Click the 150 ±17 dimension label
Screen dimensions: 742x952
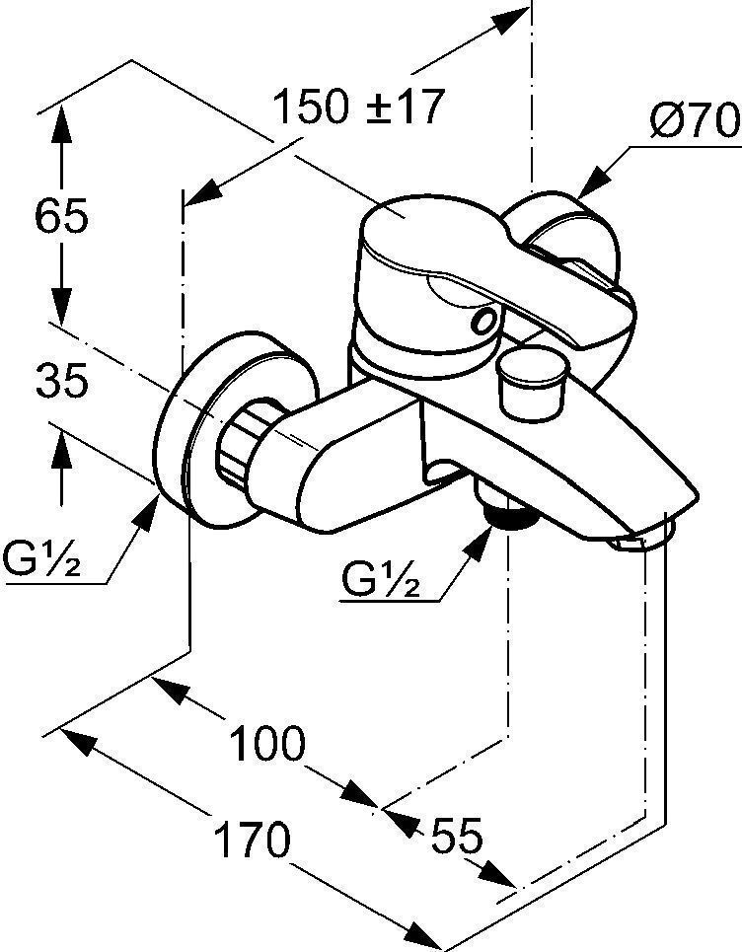tap(358, 108)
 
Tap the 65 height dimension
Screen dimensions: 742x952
tap(61, 215)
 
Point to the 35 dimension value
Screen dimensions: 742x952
tap(62, 381)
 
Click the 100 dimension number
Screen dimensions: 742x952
tap(266, 743)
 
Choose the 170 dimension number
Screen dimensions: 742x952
tap(253, 840)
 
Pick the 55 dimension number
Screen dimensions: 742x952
tap(457, 836)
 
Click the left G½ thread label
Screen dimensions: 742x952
tap(41, 558)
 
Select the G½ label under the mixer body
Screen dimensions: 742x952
tap(381, 579)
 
